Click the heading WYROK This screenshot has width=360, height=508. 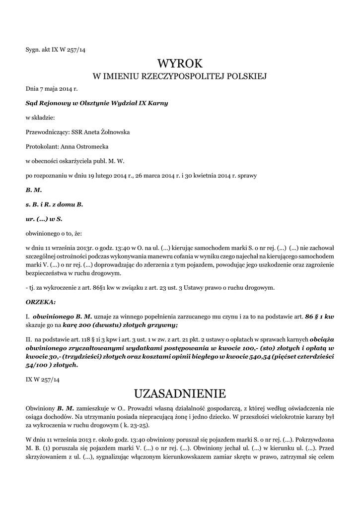[x=180, y=64]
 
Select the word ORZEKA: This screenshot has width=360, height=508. [x=41, y=302]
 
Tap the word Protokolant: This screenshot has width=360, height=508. [x=42, y=147]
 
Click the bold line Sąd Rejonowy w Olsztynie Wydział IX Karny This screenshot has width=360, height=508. [x=96, y=103]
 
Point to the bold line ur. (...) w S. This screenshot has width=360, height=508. [x=44, y=218]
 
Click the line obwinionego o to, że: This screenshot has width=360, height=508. [x=54, y=233]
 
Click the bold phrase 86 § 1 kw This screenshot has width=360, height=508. [x=320, y=316]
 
